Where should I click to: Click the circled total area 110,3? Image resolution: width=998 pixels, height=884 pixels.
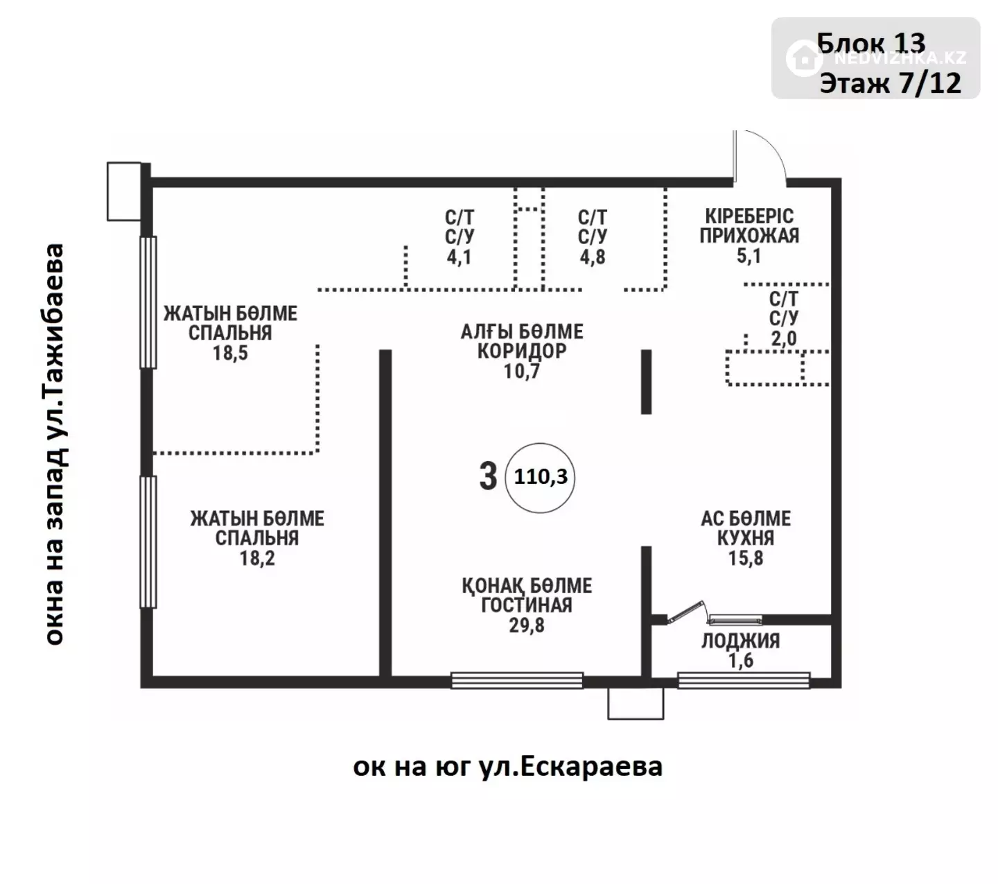coord(541,477)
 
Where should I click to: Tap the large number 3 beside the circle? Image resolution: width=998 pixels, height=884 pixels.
coord(488,476)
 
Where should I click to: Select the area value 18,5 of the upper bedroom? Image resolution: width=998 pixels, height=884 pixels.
coord(230,353)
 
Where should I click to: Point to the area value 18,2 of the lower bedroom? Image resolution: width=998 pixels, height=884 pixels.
coord(257,558)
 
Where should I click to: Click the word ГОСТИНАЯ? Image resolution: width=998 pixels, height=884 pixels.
coord(527,605)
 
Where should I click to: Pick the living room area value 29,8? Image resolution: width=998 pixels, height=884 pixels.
coord(527,625)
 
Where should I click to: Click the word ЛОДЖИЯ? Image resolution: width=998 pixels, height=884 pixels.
coord(741,641)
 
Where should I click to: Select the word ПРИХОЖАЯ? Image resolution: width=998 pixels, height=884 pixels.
coord(749,236)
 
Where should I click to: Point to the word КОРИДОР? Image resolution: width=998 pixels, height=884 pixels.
coord(522,351)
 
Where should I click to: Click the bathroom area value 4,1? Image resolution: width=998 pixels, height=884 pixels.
coord(459,257)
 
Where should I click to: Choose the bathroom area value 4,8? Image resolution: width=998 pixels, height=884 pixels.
coord(592,257)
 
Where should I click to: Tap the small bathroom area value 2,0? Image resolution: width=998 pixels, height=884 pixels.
coord(784,338)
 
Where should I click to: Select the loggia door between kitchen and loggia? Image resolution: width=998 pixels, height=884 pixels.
coord(685,613)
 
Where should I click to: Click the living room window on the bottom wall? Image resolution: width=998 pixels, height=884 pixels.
coord(517,680)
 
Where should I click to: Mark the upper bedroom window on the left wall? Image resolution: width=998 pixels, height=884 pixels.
coord(148,302)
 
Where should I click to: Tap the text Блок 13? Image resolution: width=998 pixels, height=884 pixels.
coord(871,44)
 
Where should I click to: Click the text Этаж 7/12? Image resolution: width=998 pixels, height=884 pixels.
coord(890,83)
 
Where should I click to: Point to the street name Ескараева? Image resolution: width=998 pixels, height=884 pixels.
coord(591,766)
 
